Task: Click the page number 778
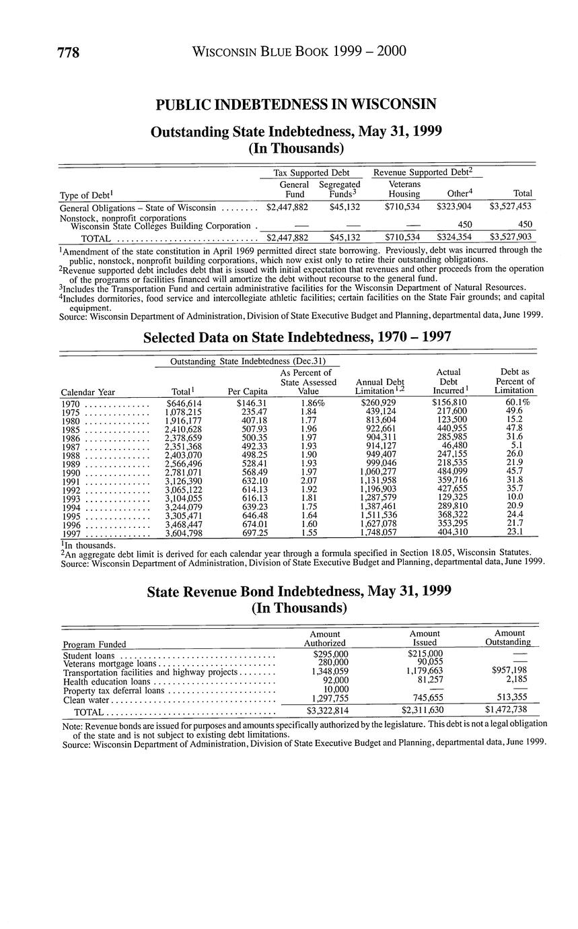click(69, 53)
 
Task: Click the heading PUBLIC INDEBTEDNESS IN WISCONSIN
click(296, 104)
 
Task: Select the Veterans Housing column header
click(404, 189)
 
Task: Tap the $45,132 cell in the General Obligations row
click(345, 207)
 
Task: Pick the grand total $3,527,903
click(511, 237)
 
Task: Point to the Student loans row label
click(88, 656)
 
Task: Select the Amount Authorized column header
click(324, 639)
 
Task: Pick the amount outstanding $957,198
click(509, 671)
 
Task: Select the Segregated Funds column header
click(339, 189)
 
